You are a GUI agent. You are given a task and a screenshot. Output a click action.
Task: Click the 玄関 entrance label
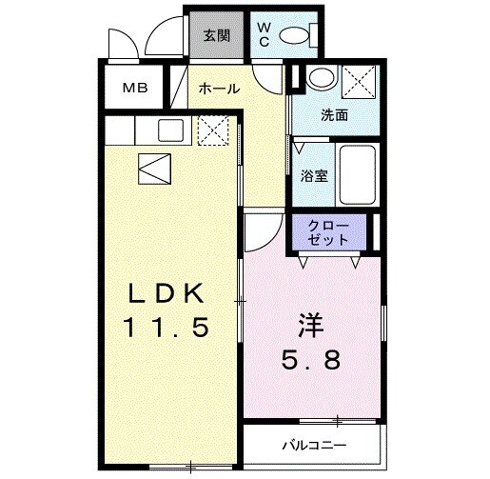(216, 35)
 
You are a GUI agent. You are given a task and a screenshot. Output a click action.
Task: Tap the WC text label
(264, 35)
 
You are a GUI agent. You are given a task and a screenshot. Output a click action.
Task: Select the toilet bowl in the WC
(298, 36)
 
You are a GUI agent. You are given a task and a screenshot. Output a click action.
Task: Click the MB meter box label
(133, 89)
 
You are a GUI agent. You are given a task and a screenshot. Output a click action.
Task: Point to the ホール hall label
(218, 89)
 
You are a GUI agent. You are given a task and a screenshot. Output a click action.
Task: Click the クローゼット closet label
(327, 233)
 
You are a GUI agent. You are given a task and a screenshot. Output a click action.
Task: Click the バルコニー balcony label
(313, 445)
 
